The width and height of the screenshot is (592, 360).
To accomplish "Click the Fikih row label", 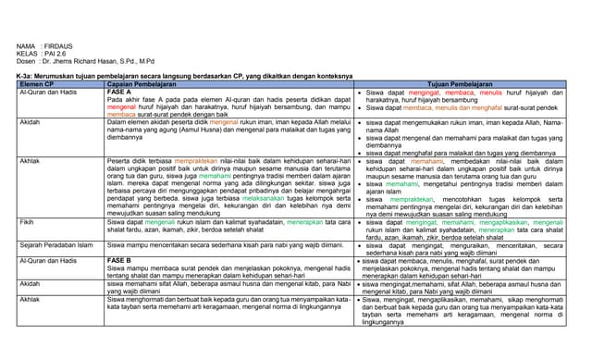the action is [x=28, y=223].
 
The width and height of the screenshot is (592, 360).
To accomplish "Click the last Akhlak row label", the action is [x=30, y=300].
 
